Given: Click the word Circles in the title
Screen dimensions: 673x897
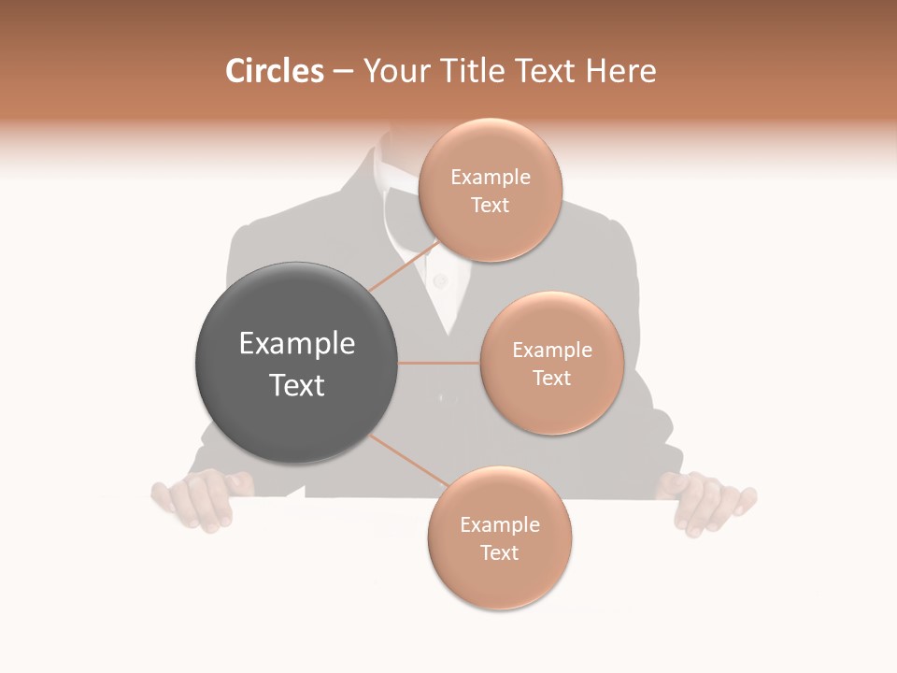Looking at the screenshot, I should pyautogui.click(x=275, y=71).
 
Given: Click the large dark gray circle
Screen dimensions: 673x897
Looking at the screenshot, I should pyautogui.click(x=297, y=363).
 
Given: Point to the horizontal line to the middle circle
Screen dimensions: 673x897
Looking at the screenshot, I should pyautogui.click(x=439, y=363).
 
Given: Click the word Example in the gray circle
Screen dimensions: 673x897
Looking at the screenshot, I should pyautogui.click(x=297, y=344).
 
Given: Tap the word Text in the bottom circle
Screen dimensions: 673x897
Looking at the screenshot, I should pyautogui.click(x=499, y=552).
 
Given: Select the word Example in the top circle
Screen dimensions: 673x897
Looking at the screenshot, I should pyautogui.click(x=490, y=177).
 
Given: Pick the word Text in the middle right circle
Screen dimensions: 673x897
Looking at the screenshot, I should pyautogui.click(x=551, y=378).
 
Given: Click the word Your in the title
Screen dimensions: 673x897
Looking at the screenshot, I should pyautogui.click(x=391, y=71).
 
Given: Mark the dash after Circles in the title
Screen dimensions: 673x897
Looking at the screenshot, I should pyautogui.click(x=342, y=72).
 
